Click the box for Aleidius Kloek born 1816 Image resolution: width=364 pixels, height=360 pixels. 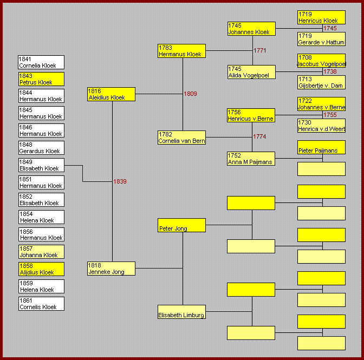(111, 94)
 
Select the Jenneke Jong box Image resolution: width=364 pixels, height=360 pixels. (111, 269)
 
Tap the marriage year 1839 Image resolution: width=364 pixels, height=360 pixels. (120, 181)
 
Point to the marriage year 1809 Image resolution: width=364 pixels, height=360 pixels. (190, 94)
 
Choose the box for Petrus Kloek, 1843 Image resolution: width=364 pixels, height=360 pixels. (41, 79)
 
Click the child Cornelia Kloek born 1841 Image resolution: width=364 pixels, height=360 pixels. (41, 62)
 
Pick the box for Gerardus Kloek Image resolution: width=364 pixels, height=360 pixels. (41, 148)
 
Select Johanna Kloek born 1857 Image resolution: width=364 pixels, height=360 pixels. (41, 252)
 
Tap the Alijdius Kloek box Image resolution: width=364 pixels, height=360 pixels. (41, 269)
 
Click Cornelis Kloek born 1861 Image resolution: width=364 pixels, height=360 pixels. (41, 304)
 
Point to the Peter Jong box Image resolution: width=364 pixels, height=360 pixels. (181, 225)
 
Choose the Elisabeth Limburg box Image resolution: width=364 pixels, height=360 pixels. (181, 312)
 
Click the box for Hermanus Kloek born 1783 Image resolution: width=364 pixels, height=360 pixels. (181, 51)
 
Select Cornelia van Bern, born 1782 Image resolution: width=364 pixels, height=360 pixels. (181, 138)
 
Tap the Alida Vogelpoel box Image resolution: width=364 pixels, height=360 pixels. (251, 72)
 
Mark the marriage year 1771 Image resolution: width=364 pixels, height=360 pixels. (260, 50)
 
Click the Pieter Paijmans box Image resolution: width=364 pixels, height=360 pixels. (321, 147)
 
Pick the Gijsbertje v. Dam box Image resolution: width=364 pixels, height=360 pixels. (321, 82)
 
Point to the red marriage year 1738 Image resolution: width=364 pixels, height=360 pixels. (330, 71)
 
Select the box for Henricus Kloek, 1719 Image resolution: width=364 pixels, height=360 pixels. (321, 17)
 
